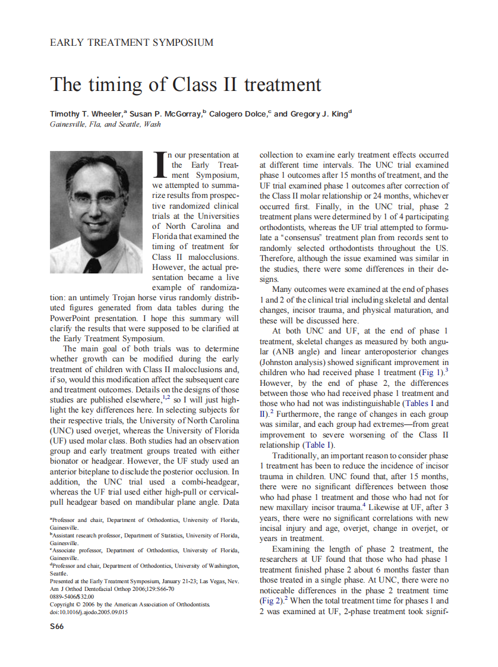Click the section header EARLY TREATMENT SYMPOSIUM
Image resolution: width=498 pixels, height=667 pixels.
point(131,43)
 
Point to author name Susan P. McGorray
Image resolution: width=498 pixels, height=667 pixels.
point(165,114)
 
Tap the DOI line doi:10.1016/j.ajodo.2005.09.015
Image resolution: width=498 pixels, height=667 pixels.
point(89,612)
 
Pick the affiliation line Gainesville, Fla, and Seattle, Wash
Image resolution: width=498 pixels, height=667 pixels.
point(105,124)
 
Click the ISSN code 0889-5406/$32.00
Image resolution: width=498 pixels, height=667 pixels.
point(72,596)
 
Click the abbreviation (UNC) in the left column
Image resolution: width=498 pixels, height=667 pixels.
point(62,430)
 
